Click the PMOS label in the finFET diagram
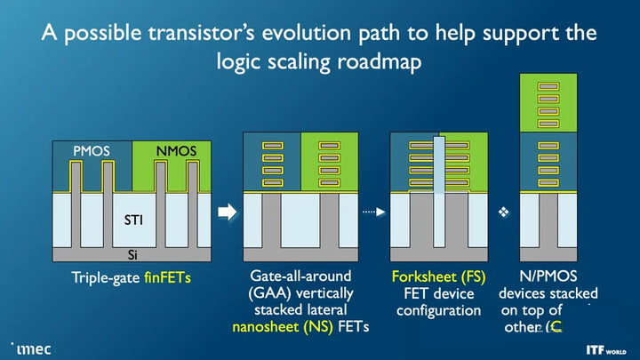(x=92, y=151)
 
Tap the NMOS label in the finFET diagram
(x=176, y=151)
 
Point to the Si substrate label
(x=132, y=254)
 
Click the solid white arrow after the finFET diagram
(x=228, y=212)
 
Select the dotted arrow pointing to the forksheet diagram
(x=371, y=212)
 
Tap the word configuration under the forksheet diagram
(x=438, y=310)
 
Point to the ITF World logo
(x=606, y=349)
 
